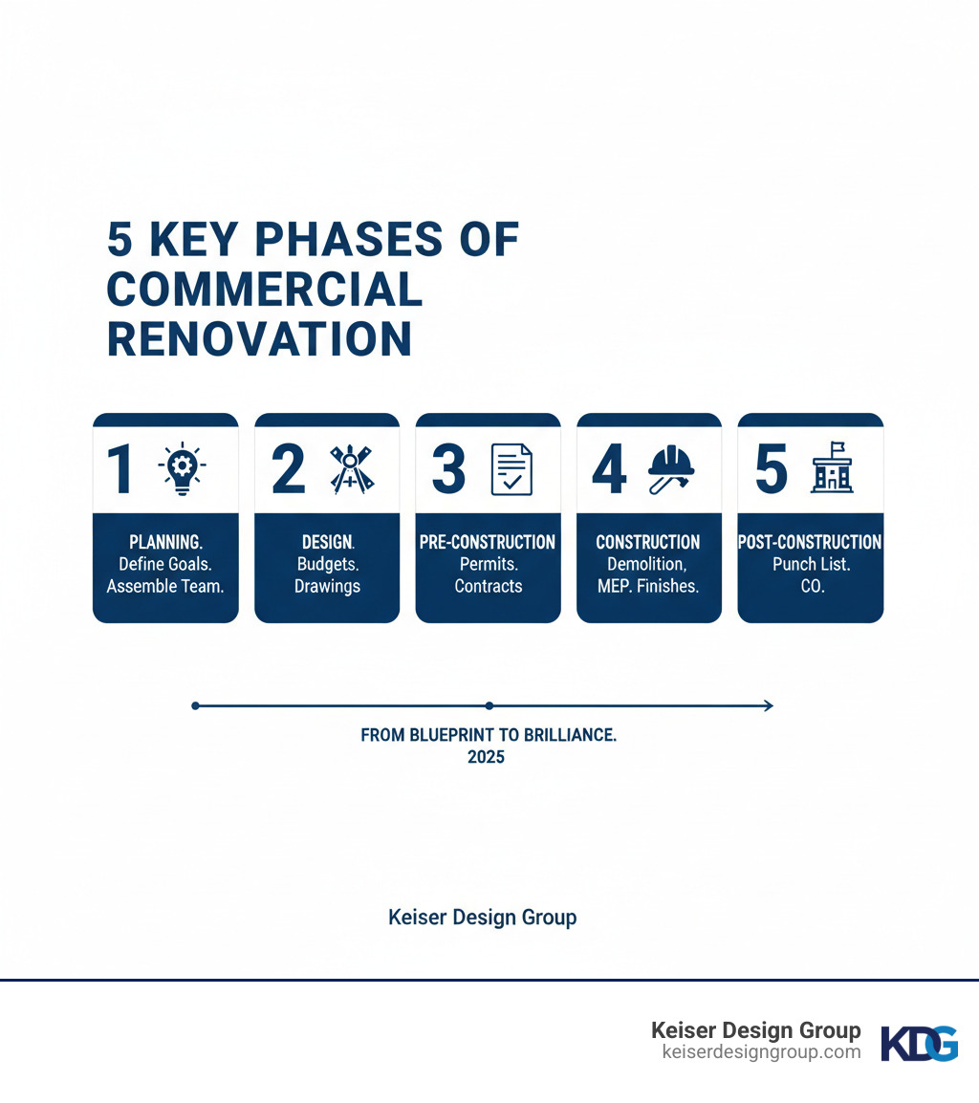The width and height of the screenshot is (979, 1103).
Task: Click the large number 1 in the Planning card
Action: point(120,469)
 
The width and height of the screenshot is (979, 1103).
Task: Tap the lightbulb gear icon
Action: point(185,468)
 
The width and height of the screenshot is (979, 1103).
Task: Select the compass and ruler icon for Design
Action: point(351,469)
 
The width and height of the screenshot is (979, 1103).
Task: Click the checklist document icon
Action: point(511,469)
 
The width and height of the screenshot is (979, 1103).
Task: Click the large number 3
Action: point(448,469)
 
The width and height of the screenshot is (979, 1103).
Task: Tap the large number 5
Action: point(772,469)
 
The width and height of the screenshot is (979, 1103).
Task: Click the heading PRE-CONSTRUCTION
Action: point(488,542)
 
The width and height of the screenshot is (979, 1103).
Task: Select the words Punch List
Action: point(811,564)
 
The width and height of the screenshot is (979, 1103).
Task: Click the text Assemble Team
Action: point(165,586)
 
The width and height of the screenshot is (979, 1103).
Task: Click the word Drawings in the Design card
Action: point(327,586)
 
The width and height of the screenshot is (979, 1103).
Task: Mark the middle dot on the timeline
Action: point(489,705)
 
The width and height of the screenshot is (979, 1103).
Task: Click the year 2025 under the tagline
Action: point(488,757)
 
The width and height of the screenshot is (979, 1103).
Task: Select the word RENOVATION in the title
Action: point(259,339)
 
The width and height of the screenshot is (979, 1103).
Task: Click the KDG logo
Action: point(919,1043)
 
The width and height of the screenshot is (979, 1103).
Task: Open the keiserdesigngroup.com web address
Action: point(761,1052)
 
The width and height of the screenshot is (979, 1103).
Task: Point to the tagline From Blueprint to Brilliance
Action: point(488,736)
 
